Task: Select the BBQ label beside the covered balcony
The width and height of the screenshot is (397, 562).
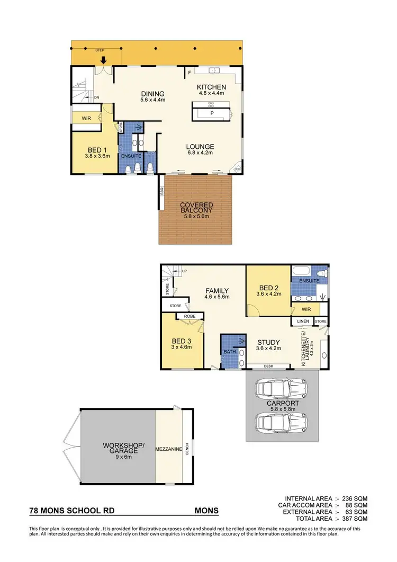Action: coord(160,190)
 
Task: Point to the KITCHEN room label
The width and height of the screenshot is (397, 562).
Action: coord(211,87)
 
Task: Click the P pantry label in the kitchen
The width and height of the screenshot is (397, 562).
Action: coord(212,113)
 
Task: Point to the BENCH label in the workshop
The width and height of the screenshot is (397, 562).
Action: coord(186,450)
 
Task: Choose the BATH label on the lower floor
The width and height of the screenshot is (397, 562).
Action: coord(229,351)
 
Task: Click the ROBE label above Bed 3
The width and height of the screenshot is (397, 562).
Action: coord(190,317)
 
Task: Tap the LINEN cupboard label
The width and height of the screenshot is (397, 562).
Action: coord(302,321)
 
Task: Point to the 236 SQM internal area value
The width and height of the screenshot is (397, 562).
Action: coord(354,499)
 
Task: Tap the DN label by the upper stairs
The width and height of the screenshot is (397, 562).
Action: coord(96,98)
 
